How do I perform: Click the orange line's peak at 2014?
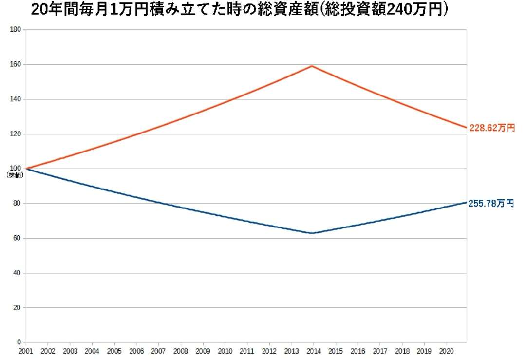312,66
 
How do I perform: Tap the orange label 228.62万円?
491,128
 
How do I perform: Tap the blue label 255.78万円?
491,204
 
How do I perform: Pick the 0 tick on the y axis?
20,342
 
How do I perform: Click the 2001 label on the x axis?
26,351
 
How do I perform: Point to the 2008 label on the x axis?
181,351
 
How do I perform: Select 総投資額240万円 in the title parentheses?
390,10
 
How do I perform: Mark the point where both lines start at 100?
26,169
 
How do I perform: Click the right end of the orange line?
466,128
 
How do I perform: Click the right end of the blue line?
466,202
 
